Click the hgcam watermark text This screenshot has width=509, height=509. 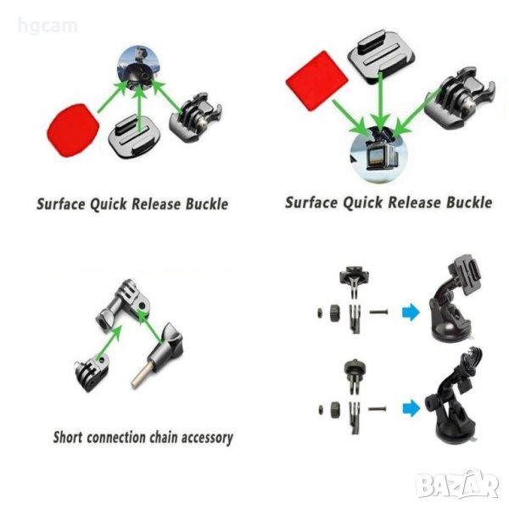(x=48, y=26)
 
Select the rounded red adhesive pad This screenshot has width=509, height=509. (x=73, y=131)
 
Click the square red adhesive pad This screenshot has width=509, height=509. (x=316, y=81)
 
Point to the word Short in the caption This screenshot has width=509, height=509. (x=68, y=437)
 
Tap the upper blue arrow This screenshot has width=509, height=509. (x=411, y=312)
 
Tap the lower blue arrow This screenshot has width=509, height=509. (x=411, y=408)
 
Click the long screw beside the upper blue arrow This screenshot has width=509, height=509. (x=378, y=312)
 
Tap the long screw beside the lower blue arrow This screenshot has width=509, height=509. (x=378, y=408)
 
